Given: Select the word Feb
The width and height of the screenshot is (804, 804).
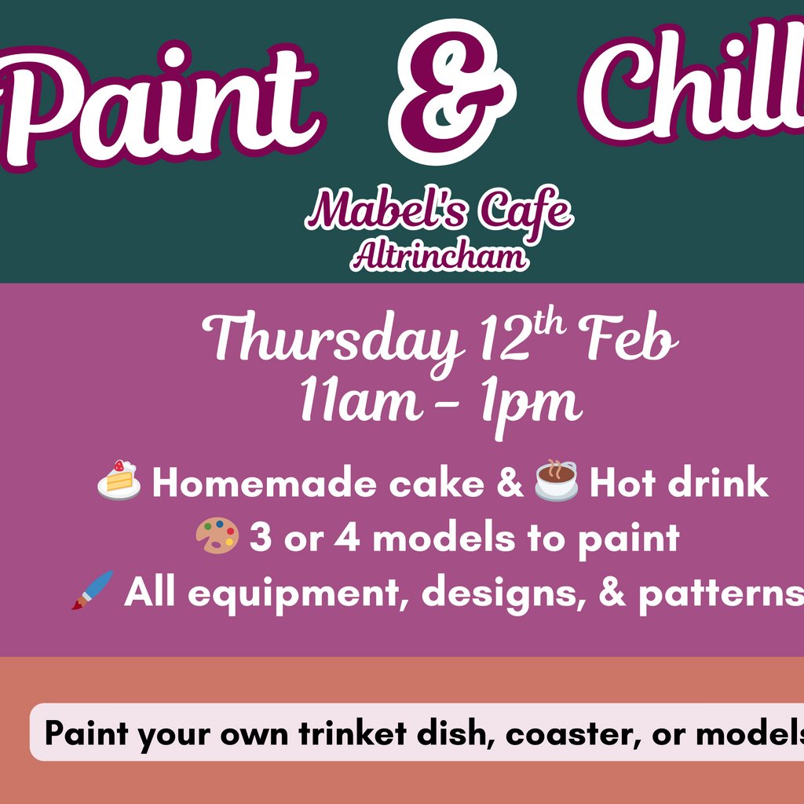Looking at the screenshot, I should [628, 342].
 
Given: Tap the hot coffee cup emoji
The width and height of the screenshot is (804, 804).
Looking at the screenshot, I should [556, 480].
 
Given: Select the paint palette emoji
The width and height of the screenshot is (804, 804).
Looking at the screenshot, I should [217, 538].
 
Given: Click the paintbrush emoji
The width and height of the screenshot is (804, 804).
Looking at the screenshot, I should [93, 591].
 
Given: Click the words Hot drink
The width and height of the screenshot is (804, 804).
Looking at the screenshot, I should [678, 484].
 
